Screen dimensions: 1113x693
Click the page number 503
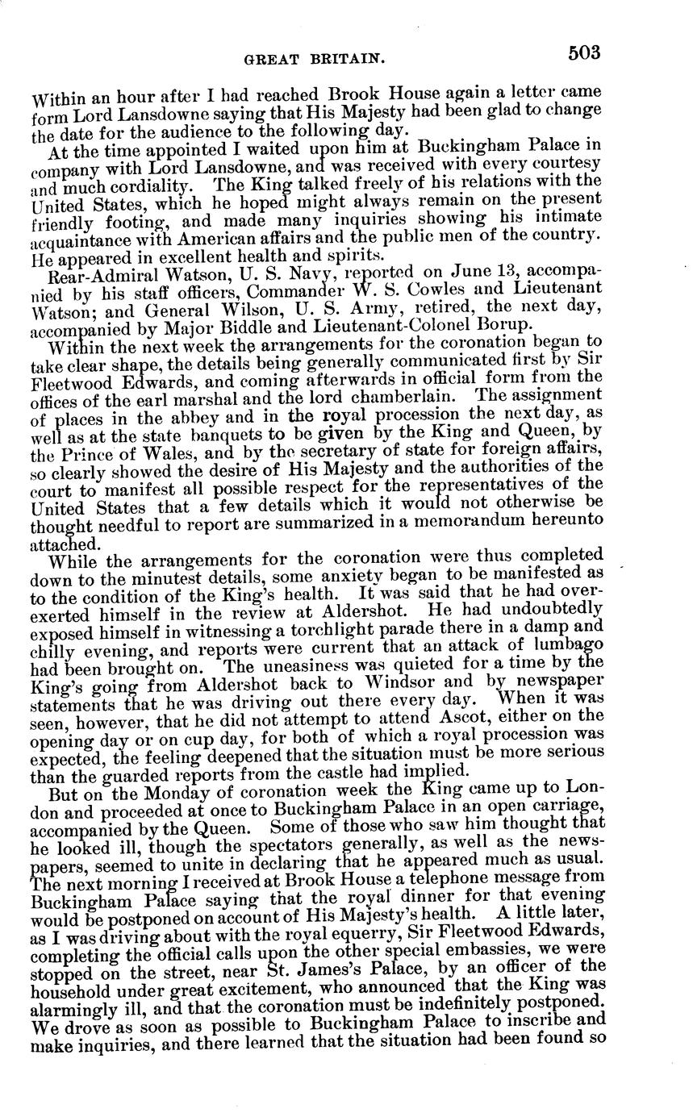[x=583, y=53]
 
